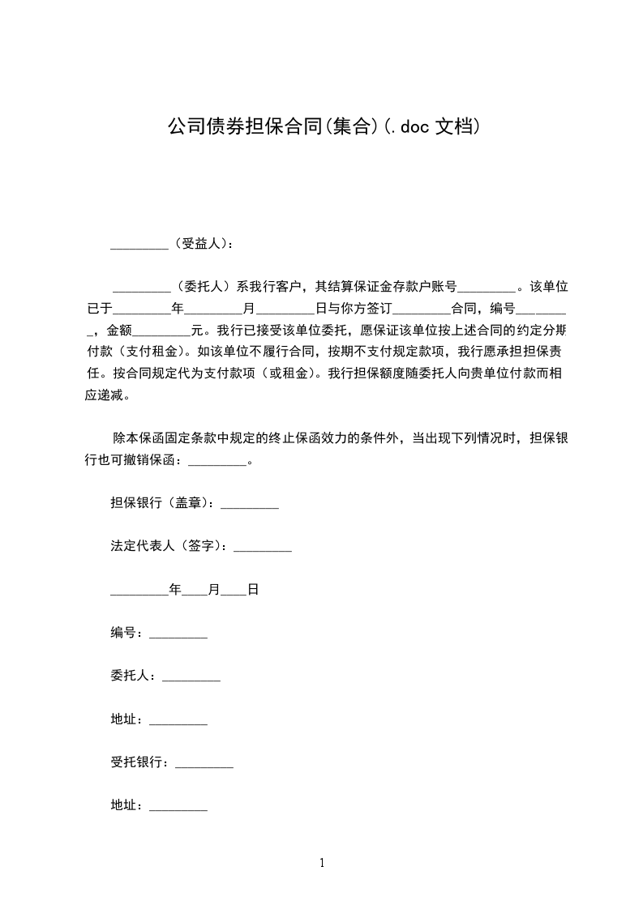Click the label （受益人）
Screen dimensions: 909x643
click(x=200, y=243)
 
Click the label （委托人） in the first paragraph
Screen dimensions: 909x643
click(x=202, y=286)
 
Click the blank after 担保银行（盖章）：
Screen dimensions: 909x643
click(x=250, y=506)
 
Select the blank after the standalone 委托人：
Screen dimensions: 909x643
click(x=191, y=679)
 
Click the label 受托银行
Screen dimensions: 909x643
click(x=139, y=762)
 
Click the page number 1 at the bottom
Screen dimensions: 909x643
click(x=322, y=863)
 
